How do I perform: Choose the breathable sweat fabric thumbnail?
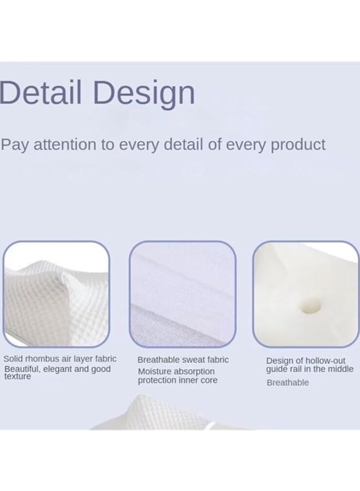click(x=183, y=294)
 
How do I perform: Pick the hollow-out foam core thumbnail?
click(x=306, y=294)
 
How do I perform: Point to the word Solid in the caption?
click(x=14, y=359)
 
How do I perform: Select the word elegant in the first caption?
click(x=57, y=369)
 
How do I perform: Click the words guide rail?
click(x=285, y=369)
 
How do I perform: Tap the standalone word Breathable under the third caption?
click(x=287, y=382)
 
